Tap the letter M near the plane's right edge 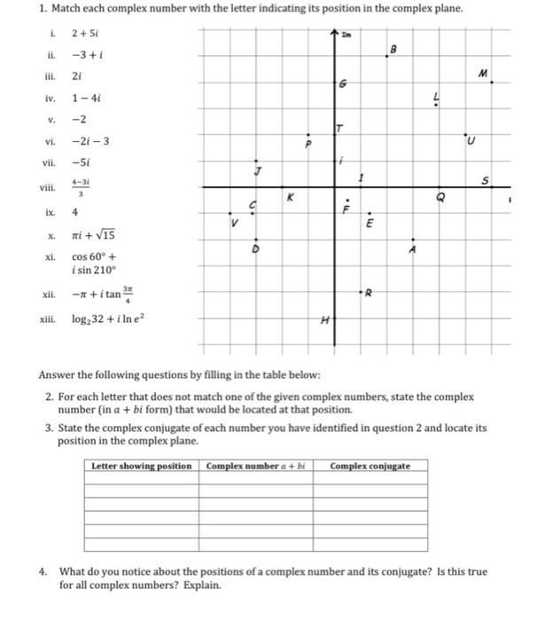pyautogui.click(x=483, y=74)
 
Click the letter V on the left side pyautogui.click(x=235, y=223)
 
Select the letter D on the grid pyautogui.click(x=257, y=248)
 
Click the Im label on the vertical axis pyautogui.click(x=346, y=33)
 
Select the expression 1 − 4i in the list pyautogui.click(x=85, y=99)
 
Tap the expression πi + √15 pyautogui.click(x=93, y=235)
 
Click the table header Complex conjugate pyautogui.click(x=370, y=466)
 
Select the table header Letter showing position pyautogui.click(x=142, y=466)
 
